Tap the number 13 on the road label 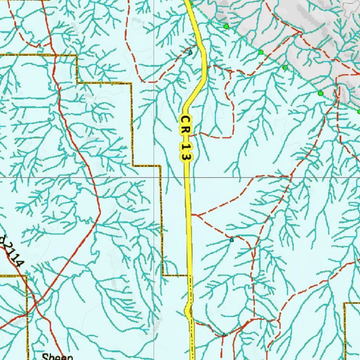[x=186, y=151]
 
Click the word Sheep [x=57, y=357]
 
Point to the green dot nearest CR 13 [x=226, y=26]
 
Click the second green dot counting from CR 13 [x=261, y=52]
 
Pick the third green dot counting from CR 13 [x=285, y=67]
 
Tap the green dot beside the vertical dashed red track [x=320, y=94]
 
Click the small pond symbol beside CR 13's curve [x=190, y=53]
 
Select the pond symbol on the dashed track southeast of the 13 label [x=231, y=240]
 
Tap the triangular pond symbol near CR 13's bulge [x=224, y=334]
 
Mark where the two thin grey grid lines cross [x=154, y=177]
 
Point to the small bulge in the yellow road [x=187, y=311]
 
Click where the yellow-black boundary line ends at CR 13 [x=187, y=275]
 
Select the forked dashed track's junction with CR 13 [x=192, y=214]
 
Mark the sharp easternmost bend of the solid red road [x=100, y=212]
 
